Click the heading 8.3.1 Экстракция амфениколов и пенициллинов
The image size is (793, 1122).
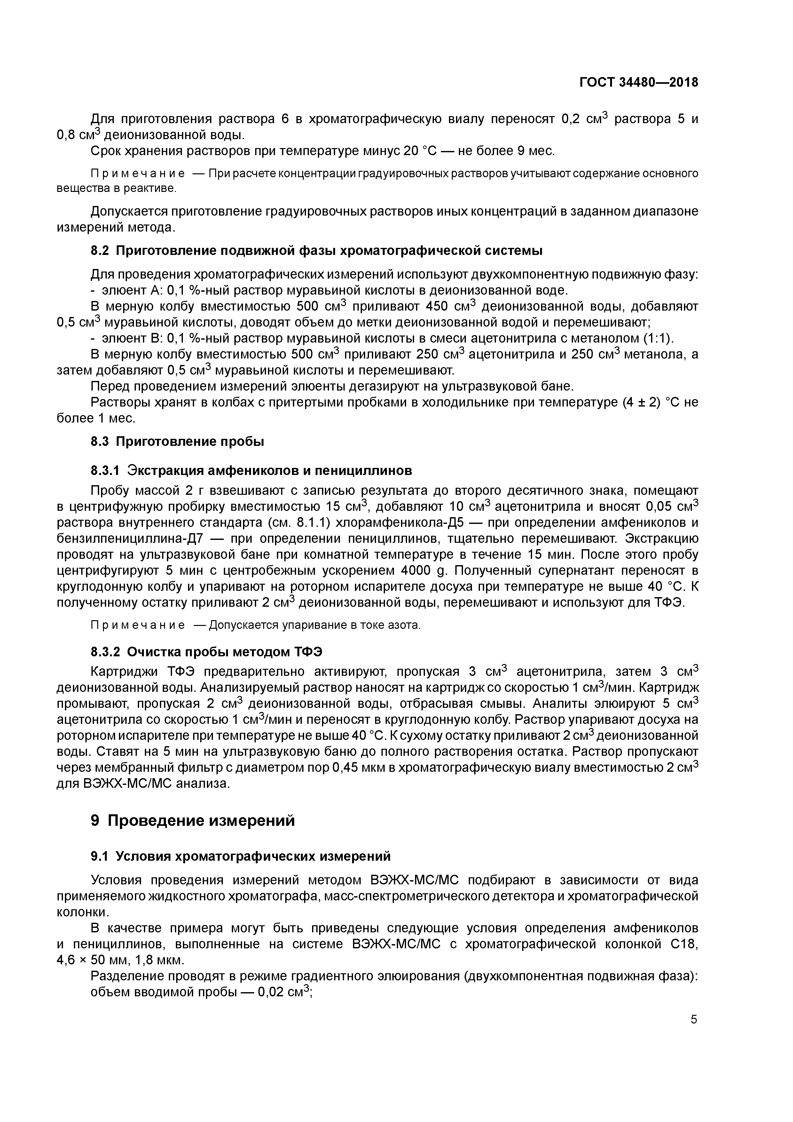[251, 470]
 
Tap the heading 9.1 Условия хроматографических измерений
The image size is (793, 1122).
[240, 856]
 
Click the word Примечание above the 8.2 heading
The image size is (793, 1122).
[138, 174]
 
